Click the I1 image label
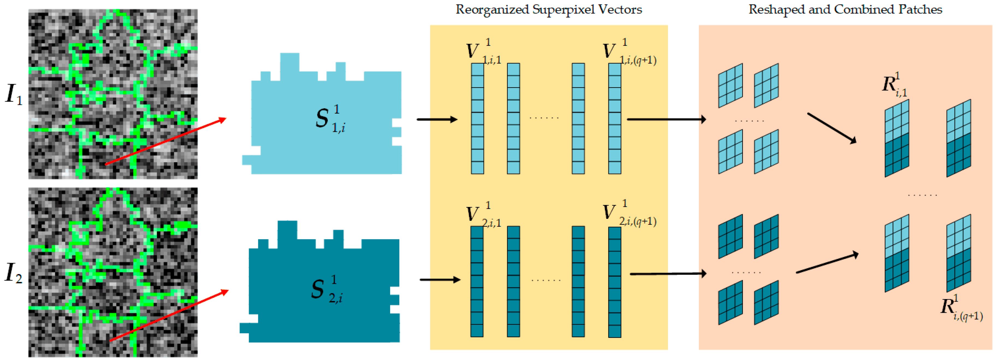[14, 94]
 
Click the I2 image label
[14, 273]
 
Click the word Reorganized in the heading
[492, 10]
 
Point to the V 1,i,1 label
[482, 52]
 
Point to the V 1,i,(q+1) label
[628, 52]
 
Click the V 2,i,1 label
[482, 214]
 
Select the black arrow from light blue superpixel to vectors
[437, 119]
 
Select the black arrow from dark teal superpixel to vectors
[440, 279]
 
